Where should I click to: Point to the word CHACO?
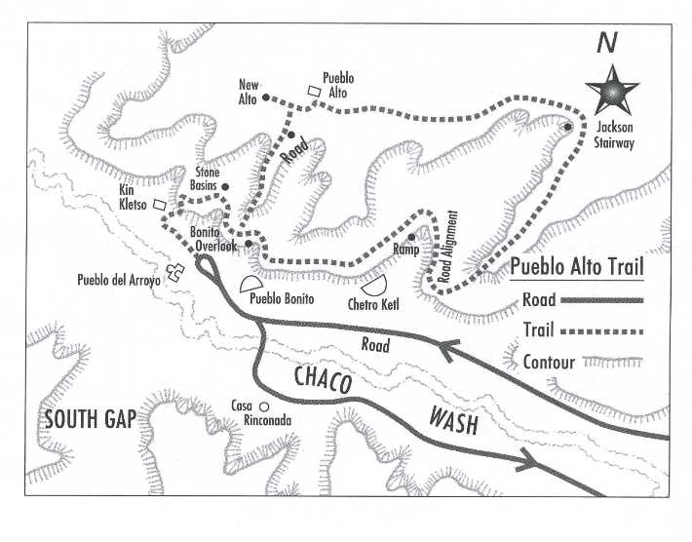click(323, 380)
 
